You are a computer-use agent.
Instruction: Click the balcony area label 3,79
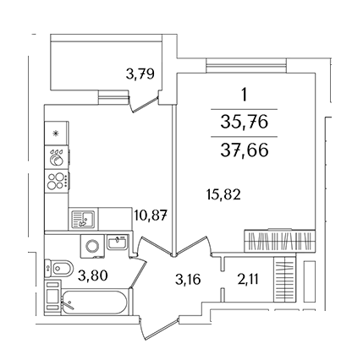[x=140, y=74]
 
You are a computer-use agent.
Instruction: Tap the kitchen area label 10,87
[x=151, y=216]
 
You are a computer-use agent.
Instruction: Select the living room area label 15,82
[x=223, y=194]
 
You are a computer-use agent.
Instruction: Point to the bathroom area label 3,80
[x=93, y=275]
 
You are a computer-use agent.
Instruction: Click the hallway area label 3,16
[x=188, y=280]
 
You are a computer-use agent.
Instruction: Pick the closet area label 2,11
[x=248, y=280]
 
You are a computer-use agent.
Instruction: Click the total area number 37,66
[x=245, y=150]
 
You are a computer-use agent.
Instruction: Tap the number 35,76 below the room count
[x=245, y=123]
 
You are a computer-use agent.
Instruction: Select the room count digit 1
[x=245, y=95]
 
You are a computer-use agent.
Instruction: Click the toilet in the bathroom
[x=58, y=268]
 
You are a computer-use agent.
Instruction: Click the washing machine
[x=92, y=246]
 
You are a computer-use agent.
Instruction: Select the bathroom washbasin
[x=117, y=243]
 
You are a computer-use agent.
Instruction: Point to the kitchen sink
[x=83, y=219]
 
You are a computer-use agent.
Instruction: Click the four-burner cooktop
[x=57, y=181]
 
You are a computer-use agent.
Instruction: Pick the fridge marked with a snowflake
[x=57, y=134]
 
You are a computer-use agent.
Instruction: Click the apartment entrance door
[x=158, y=330]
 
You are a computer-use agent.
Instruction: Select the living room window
[x=246, y=66]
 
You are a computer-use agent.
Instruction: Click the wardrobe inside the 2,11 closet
[x=285, y=280]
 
